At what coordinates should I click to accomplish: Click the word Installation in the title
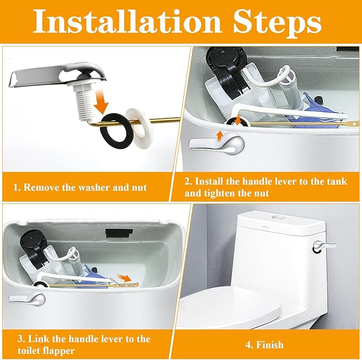pyautogui.click(x=127, y=21)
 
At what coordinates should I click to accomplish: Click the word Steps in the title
pyautogui.click(x=277, y=23)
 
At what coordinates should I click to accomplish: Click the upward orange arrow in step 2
pyautogui.click(x=221, y=136)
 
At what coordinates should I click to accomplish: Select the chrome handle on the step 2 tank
pyautogui.click(x=216, y=145)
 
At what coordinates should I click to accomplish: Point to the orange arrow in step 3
pyautogui.click(x=125, y=277)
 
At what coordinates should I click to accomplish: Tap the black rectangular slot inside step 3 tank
pyautogui.click(x=119, y=233)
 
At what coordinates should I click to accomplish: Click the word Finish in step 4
pyautogui.click(x=270, y=345)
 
